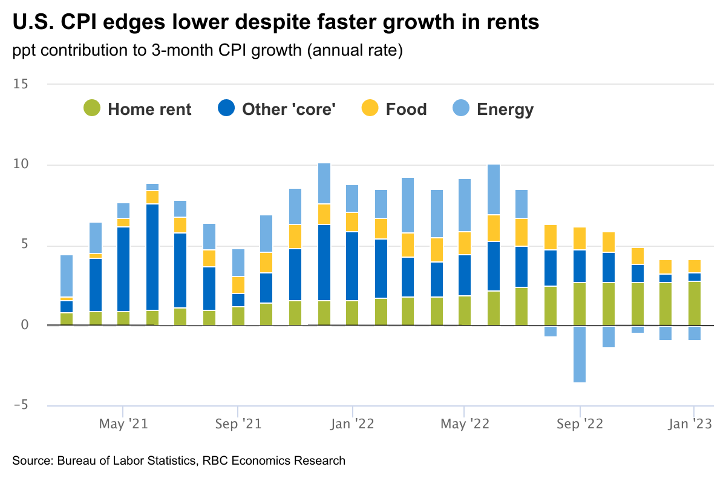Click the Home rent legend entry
[138, 110]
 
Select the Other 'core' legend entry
[277, 110]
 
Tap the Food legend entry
[394, 110]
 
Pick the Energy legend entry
[494, 110]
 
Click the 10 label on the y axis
[21, 165]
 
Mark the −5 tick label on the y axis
[21, 405]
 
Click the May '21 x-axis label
[123, 424]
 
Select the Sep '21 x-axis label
[238, 424]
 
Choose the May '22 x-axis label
[464, 424]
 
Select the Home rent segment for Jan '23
[695, 303]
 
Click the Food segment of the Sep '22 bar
[580, 238]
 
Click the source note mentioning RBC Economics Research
[178, 461]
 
